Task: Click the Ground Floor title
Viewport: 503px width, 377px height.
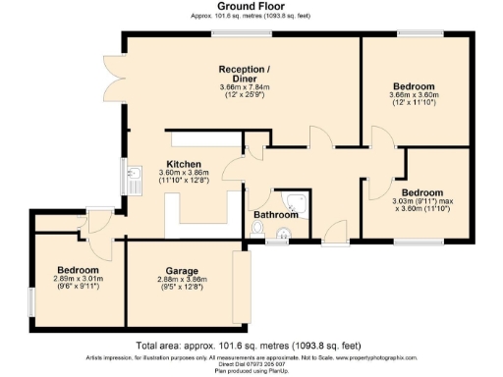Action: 251,6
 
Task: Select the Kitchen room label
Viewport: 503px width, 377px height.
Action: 183,164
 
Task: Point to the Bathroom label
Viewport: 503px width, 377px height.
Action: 276,215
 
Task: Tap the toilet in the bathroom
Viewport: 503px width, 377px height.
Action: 257,228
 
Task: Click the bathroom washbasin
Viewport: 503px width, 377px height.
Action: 282,234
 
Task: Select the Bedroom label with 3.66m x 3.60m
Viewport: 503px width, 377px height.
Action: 413,86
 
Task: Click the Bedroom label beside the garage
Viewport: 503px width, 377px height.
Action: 78,269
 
